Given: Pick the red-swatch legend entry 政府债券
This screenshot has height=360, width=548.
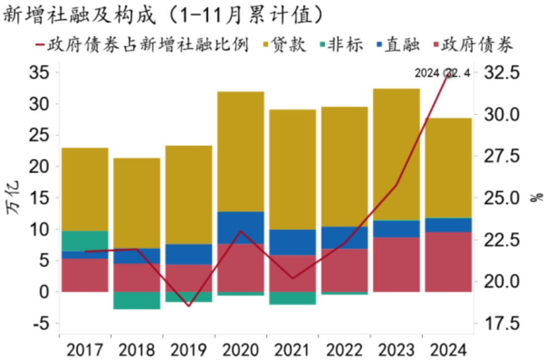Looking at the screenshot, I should click(x=474, y=45).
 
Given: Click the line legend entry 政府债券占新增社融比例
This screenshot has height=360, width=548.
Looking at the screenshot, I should click(x=142, y=45).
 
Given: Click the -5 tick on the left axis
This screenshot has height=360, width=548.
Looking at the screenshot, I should click(x=39, y=323).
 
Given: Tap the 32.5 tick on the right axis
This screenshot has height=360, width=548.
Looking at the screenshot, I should click(x=503, y=73).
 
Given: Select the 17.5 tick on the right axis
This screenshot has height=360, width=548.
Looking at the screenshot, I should click(x=503, y=323).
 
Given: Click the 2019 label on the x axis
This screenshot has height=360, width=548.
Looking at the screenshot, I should click(x=188, y=350).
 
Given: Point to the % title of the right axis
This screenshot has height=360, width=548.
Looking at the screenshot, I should click(x=536, y=197).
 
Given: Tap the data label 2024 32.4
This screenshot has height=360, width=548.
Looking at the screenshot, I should click(x=442, y=73).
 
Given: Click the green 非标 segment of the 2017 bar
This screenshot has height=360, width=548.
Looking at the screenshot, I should click(x=85, y=241).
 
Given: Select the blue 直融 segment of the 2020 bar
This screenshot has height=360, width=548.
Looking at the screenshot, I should click(x=241, y=227).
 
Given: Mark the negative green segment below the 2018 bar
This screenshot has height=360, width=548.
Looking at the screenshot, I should click(x=136, y=300).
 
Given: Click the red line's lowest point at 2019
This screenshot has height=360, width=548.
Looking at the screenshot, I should click(x=188, y=306).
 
